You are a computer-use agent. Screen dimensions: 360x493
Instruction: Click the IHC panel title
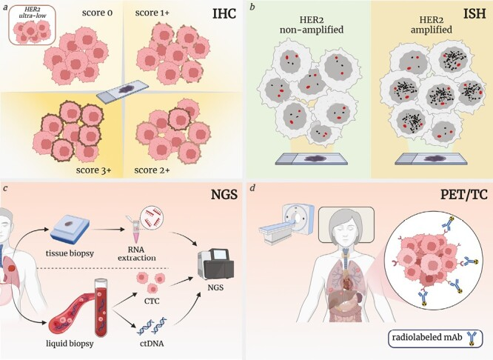click(x=224, y=16)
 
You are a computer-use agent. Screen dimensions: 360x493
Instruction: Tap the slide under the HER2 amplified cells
click(x=429, y=158)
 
